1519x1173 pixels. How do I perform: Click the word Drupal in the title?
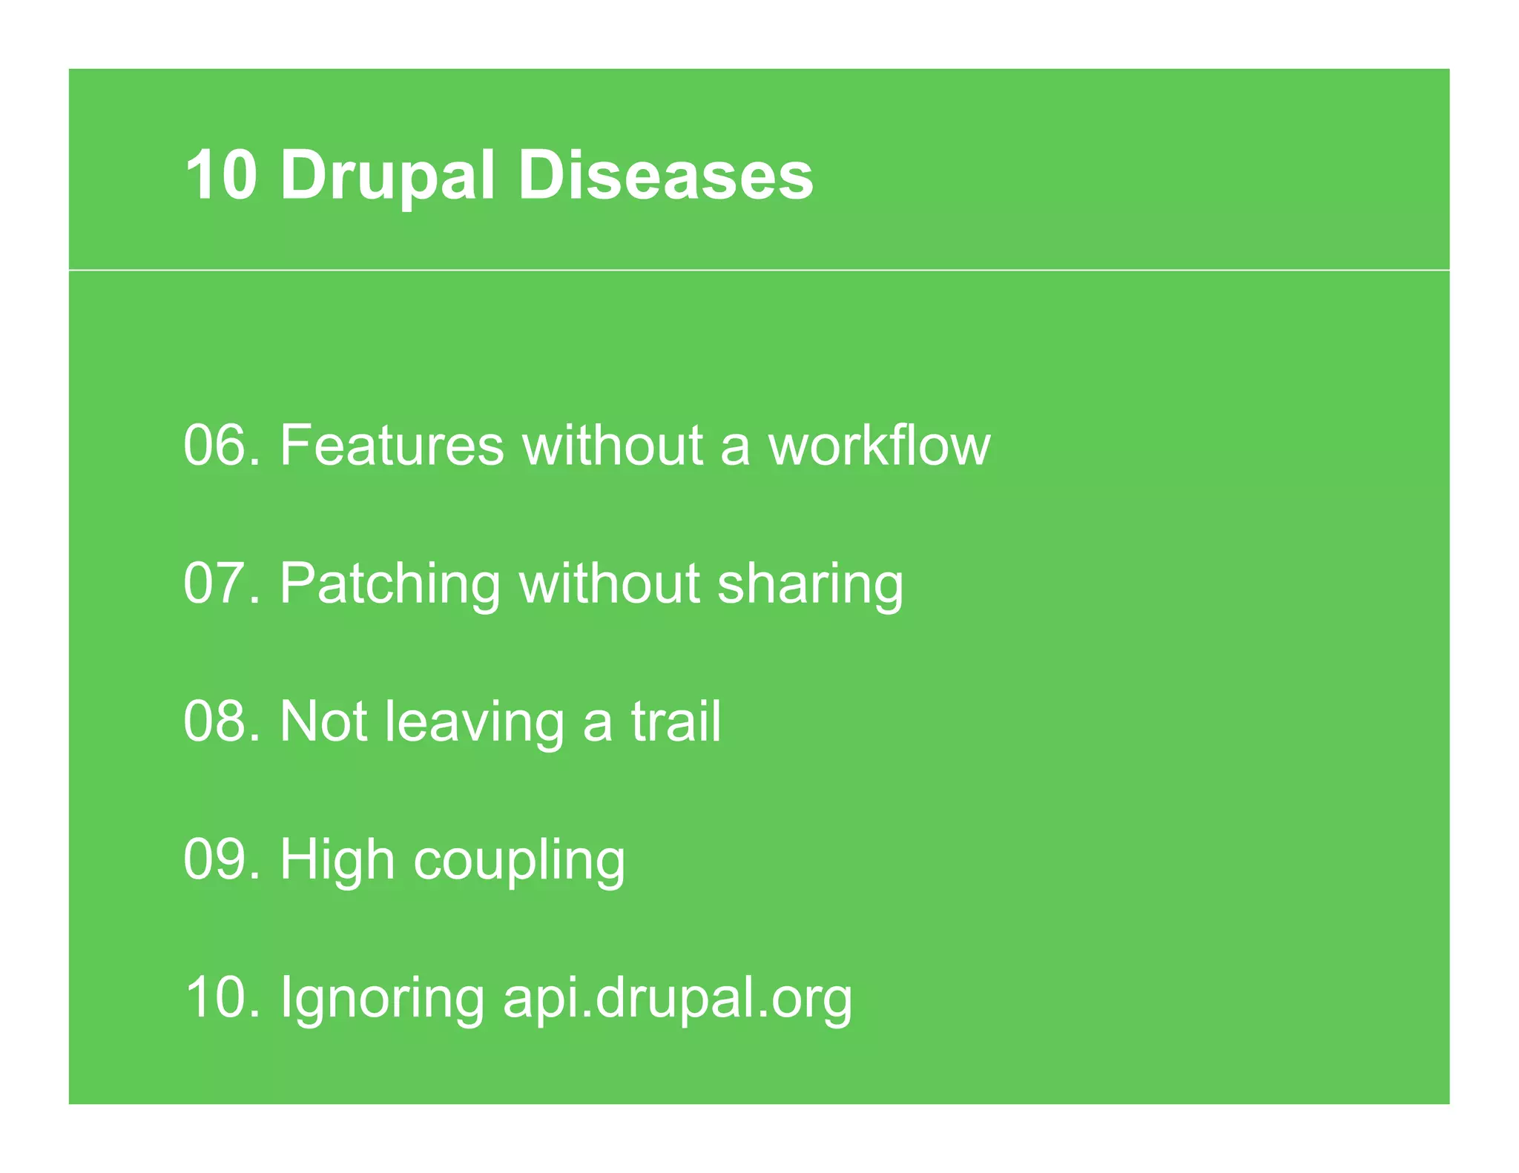pyautogui.click(x=387, y=176)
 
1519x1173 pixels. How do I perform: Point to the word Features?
pyautogui.click(x=392, y=445)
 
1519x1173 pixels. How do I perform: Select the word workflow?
pyautogui.click(x=879, y=445)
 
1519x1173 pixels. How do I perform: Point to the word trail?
pyautogui.click(x=676, y=721)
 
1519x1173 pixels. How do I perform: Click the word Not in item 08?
pyautogui.click(x=323, y=721)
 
